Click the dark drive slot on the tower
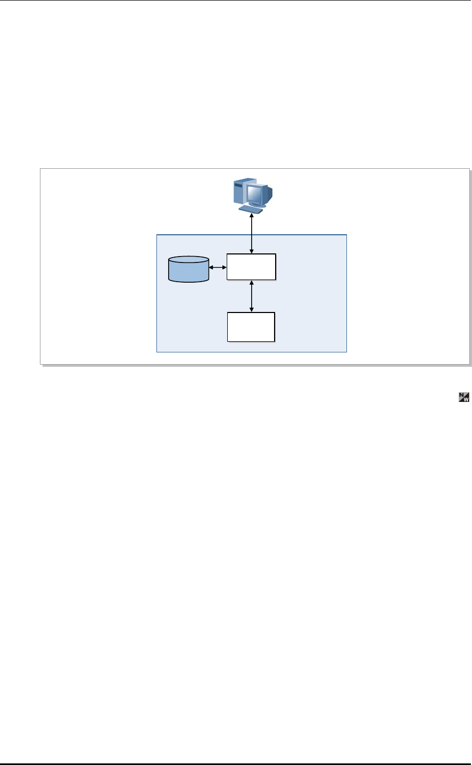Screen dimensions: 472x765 (238, 185)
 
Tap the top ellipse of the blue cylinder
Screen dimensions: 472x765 (188, 261)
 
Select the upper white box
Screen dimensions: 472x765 (251, 267)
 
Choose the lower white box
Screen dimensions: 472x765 (251, 327)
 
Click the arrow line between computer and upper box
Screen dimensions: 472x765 (252, 234)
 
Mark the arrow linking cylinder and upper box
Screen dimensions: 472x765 (218, 267)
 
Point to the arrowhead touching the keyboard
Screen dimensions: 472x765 (252, 214)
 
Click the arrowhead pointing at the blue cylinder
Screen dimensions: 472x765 (211, 267)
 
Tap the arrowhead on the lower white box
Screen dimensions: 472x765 (251, 310)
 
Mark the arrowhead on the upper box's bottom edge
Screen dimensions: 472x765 (251, 283)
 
